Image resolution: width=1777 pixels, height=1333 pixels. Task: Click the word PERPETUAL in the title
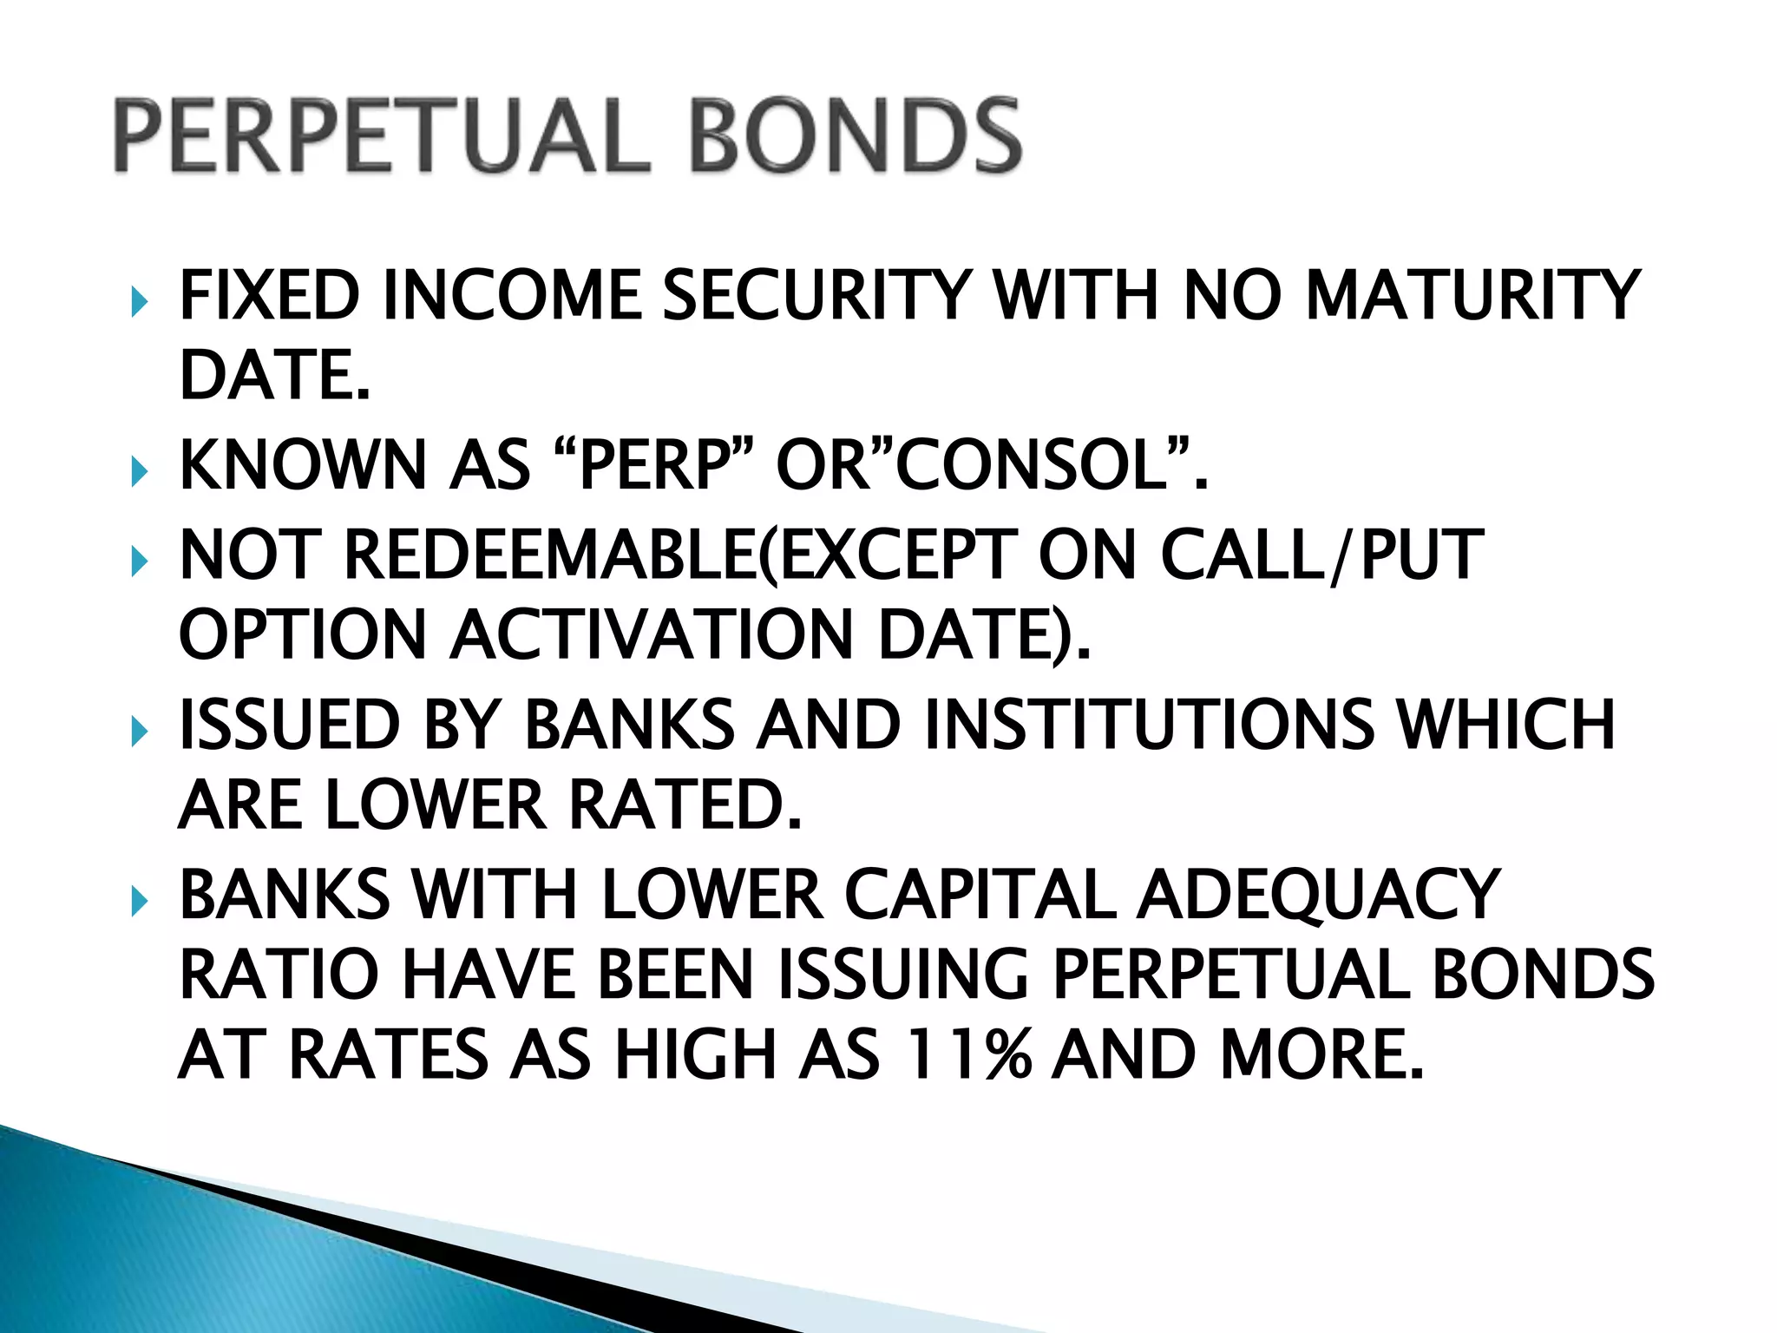(382, 136)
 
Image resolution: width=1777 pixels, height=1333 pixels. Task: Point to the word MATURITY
(1472, 297)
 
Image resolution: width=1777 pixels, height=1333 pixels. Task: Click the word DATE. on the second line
(274, 376)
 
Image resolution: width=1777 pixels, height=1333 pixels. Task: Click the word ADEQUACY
(1318, 896)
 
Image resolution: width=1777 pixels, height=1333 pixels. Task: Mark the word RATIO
(279, 975)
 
